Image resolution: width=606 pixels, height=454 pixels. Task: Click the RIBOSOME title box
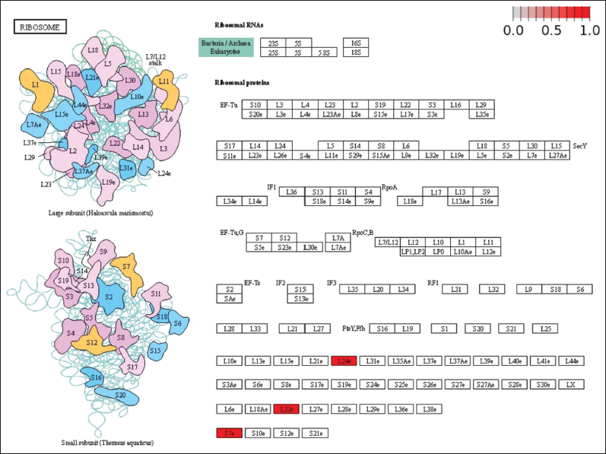coord(40,27)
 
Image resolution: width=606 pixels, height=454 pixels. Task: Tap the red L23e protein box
coord(287,409)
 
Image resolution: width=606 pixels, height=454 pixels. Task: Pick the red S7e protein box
coord(229,433)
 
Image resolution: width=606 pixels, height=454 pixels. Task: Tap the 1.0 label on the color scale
coord(590,30)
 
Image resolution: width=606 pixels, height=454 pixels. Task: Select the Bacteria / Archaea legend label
coord(226,43)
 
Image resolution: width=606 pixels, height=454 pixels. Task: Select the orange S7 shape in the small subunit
coord(128,266)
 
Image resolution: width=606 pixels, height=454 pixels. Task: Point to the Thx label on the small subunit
coord(90,239)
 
